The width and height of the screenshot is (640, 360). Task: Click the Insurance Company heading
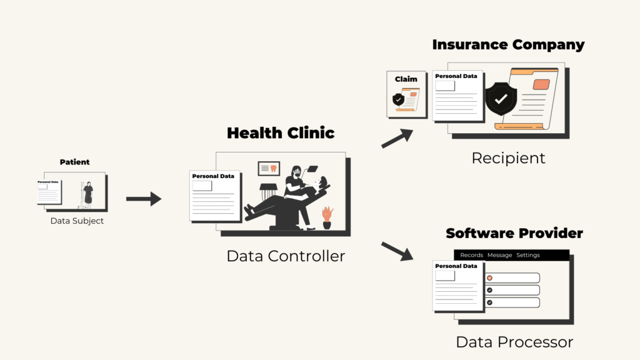tap(508, 45)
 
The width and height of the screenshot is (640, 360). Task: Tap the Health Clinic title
tap(281, 133)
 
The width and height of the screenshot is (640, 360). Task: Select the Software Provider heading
tap(514, 233)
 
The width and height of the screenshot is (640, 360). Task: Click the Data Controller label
tap(286, 256)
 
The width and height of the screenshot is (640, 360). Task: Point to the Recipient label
tap(508, 158)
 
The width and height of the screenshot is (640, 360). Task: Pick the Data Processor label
tap(514, 342)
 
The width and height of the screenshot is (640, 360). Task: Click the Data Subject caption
tap(77, 221)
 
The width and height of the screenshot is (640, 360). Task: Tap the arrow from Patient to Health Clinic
tap(144, 199)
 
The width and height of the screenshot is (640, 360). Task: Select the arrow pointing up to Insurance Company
tap(397, 138)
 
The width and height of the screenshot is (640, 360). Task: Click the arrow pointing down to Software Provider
tap(397, 251)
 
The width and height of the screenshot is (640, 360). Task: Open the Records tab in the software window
tap(471, 255)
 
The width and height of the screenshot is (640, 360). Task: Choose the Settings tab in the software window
tap(527, 255)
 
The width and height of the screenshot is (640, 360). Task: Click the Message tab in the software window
tap(499, 255)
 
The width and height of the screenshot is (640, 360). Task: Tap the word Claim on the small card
tap(406, 79)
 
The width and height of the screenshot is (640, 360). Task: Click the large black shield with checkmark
tap(501, 99)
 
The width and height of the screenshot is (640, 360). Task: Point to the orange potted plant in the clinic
tap(327, 217)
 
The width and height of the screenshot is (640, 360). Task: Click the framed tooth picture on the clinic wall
tap(269, 168)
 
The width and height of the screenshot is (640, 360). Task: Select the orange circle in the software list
tap(490, 278)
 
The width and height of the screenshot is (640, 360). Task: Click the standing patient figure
tap(88, 195)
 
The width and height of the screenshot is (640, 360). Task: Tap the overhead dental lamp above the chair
tap(312, 169)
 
